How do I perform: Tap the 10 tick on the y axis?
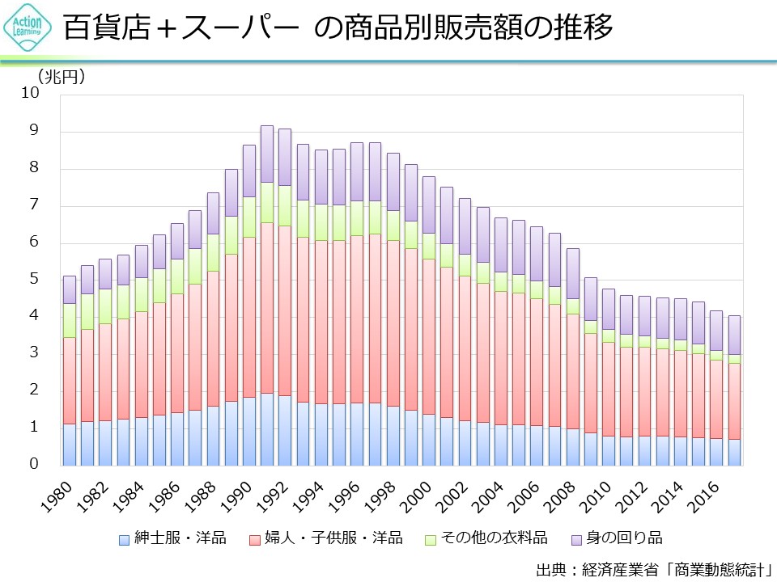[x=30, y=94]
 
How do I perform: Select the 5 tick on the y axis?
[x=34, y=280]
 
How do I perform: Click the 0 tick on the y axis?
[x=34, y=465]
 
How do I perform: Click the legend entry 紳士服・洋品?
[x=172, y=538]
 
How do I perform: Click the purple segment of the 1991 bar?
[x=267, y=154]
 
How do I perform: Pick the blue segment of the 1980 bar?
[x=70, y=445]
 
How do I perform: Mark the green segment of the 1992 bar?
[x=285, y=205]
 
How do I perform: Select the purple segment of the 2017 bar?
[x=734, y=335]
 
